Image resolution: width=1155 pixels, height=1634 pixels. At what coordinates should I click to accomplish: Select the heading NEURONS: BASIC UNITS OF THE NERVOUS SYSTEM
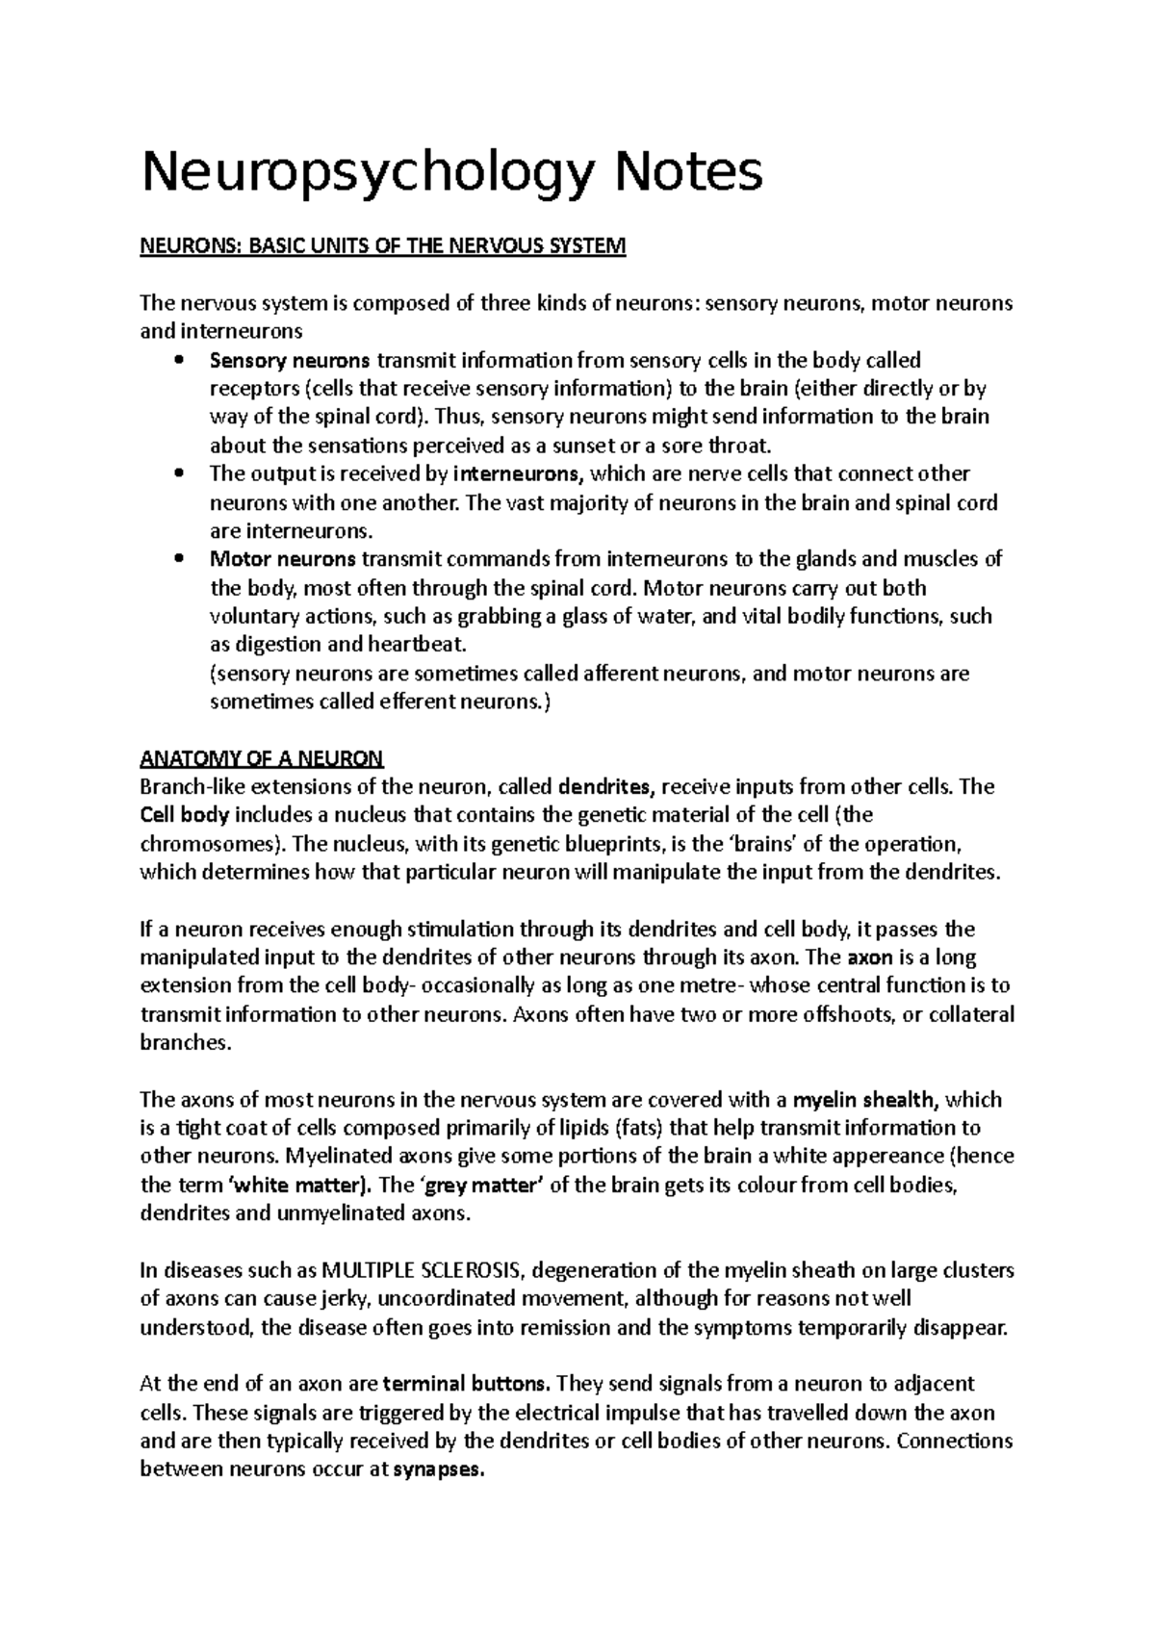pos(383,247)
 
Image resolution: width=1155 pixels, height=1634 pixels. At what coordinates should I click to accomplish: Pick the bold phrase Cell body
pos(185,816)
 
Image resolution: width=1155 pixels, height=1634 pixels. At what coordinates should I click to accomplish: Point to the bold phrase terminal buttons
pos(467,1385)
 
